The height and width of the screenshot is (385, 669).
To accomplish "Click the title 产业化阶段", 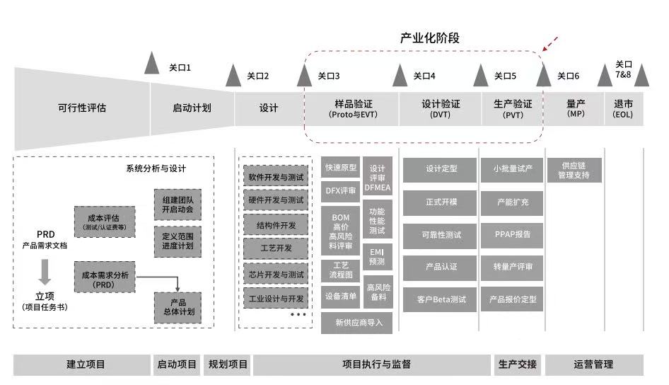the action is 430,38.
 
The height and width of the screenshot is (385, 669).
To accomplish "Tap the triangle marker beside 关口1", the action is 151,63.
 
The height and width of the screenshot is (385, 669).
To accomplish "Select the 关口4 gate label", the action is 424,76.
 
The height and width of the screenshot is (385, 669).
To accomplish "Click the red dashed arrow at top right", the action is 550,44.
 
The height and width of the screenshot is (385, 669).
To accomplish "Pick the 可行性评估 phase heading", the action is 82,108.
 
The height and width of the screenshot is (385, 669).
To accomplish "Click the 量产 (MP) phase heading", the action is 576,108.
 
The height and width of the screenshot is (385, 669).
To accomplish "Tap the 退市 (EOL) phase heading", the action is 623,109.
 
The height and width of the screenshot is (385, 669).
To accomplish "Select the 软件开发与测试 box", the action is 276,176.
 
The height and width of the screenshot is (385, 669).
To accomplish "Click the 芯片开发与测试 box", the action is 276,274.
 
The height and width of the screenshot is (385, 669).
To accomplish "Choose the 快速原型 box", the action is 340,167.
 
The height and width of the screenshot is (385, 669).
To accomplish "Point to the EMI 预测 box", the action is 377,257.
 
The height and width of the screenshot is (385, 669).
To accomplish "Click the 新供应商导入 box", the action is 356,323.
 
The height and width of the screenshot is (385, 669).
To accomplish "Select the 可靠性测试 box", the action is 440,236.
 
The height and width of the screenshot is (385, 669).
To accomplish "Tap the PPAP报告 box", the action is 512,235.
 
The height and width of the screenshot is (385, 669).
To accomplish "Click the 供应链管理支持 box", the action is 574,170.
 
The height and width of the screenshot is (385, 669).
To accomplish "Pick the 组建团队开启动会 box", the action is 178,205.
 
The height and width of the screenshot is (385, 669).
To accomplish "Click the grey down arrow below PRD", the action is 45,272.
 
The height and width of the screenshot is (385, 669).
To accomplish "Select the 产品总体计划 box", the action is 178,307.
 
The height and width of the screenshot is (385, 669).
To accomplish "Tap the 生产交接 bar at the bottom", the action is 517,364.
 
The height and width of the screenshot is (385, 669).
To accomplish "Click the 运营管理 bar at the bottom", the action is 594,364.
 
